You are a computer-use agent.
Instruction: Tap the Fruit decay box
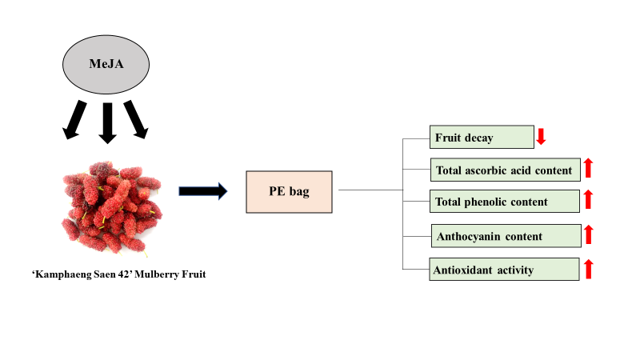click(482, 138)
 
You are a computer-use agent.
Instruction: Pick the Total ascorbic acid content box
click(504, 170)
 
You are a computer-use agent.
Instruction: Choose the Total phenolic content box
click(504, 202)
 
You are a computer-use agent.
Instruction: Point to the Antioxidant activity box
click(504, 270)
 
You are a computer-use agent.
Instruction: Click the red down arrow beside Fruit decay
click(541, 136)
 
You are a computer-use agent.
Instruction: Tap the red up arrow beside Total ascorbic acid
click(588, 168)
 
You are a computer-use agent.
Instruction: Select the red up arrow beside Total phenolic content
click(588, 200)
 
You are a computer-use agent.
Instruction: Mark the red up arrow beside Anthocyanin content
click(588, 234)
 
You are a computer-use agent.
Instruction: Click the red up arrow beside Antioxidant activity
click(588, 269)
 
